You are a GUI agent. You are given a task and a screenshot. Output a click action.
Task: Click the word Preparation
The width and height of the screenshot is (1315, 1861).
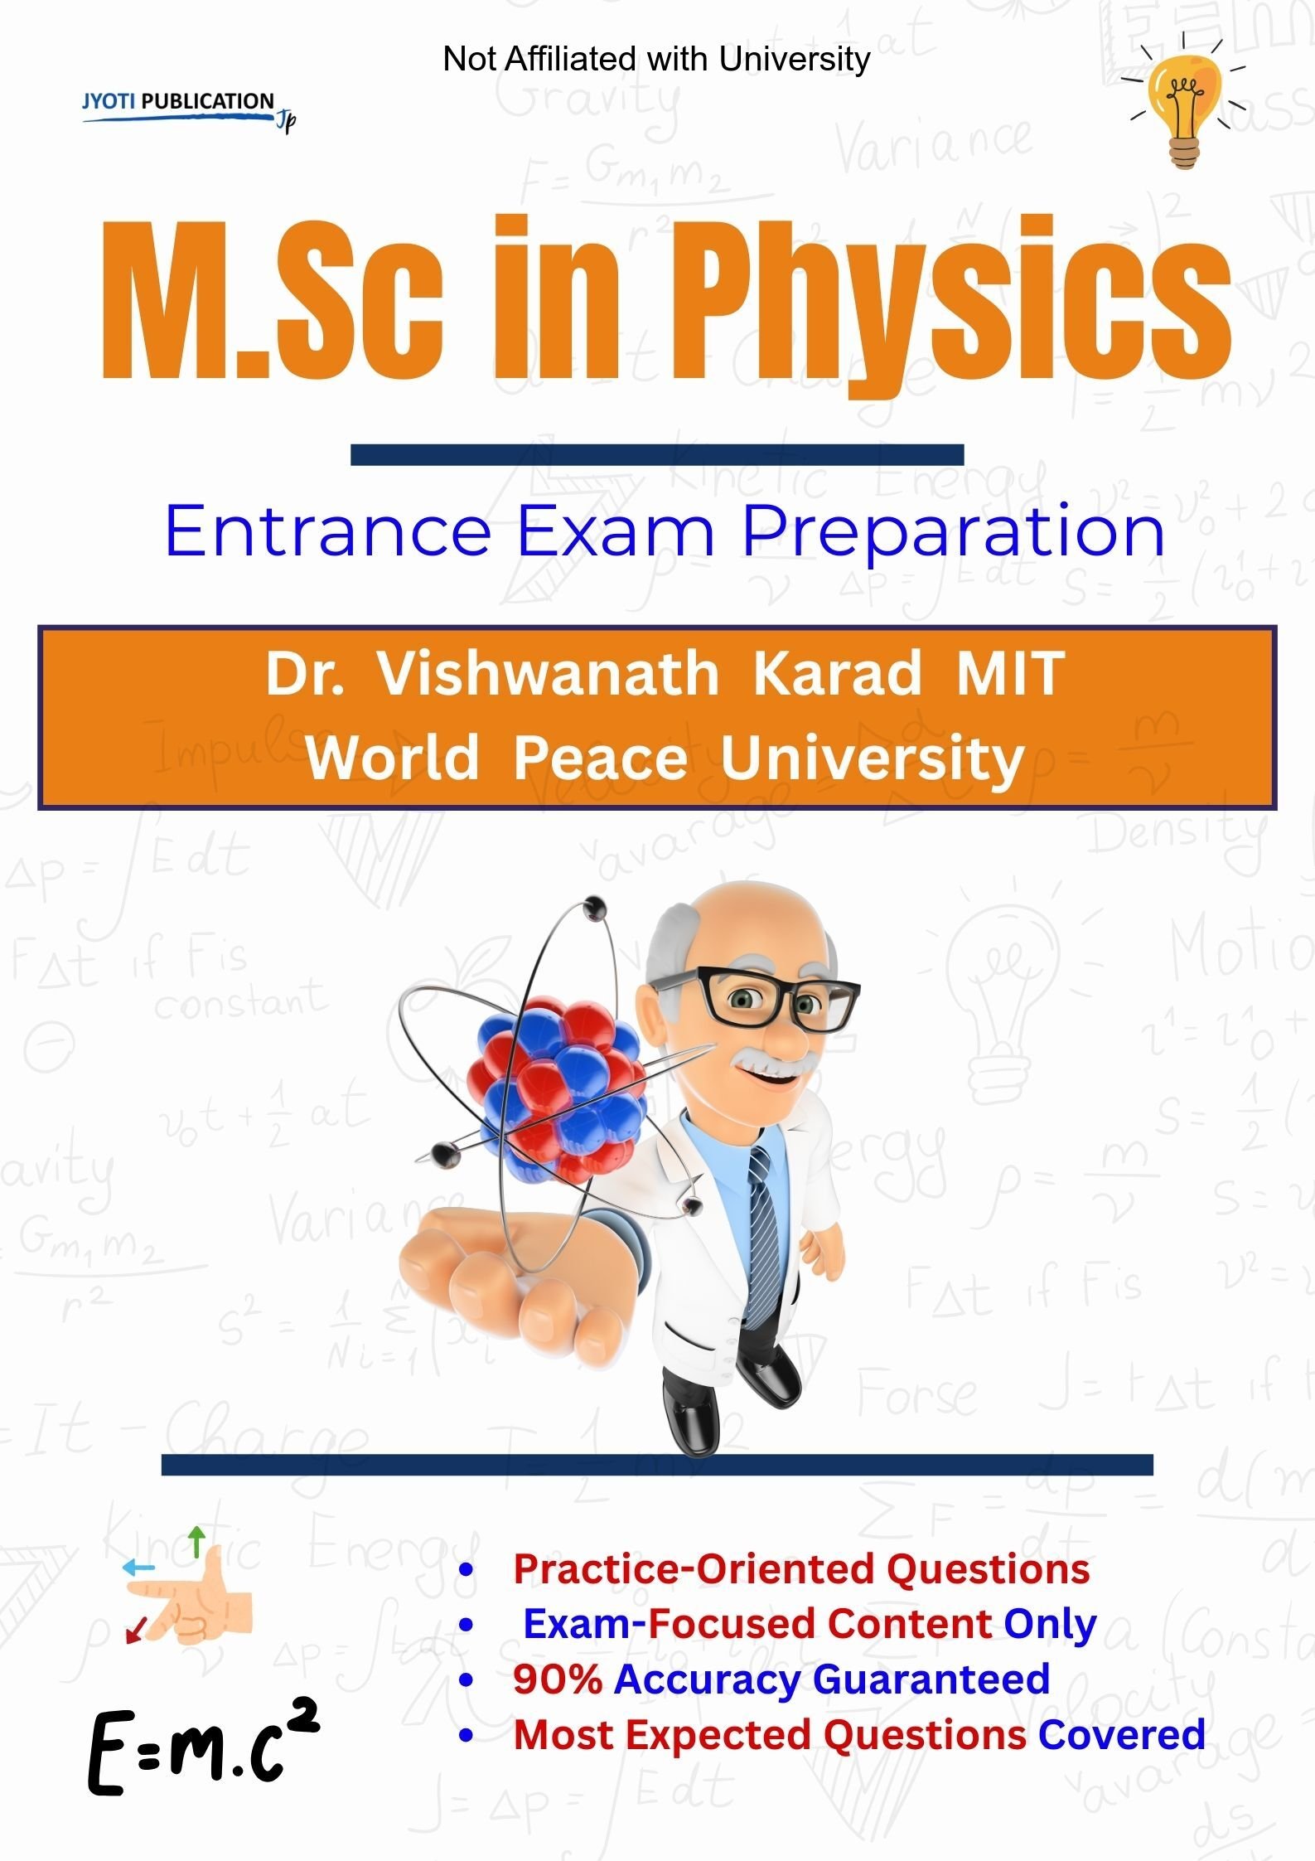tap(953, 533)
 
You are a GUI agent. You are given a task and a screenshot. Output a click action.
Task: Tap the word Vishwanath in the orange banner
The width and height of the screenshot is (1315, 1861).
tap(548, 673)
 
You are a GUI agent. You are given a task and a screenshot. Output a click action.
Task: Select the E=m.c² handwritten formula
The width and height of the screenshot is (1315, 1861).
tap(202, 1748)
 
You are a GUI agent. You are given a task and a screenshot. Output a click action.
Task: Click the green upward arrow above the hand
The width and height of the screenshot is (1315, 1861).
tap(196, 1541)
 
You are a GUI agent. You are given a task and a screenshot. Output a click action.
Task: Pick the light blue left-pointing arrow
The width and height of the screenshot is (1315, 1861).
tap(138, 1568)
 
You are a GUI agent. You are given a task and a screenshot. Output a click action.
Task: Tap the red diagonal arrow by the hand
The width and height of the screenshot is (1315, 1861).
tap(134, 1630)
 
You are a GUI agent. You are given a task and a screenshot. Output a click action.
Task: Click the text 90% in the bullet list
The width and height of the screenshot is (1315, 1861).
tap(557, 1679)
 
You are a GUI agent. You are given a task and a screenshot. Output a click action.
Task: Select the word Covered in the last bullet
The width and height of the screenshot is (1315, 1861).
tap(1122, 1734)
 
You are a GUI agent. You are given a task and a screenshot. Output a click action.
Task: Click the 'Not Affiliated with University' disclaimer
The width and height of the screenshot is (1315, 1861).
tap(656, 59)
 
